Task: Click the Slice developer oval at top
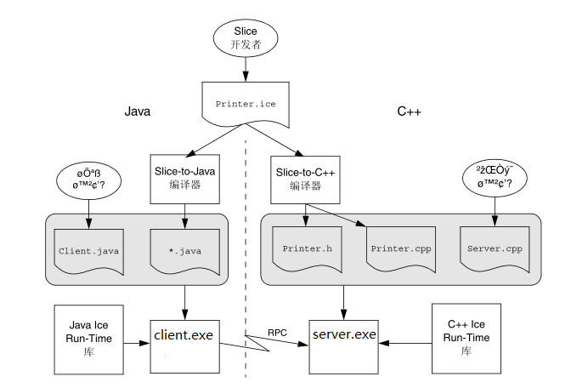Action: click(x=245, y=38)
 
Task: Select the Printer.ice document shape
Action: click(x=245, y=103)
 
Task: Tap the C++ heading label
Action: click(x=410, y=111)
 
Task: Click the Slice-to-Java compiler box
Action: click(x=184, y=179)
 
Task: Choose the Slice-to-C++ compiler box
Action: click(x=305, y=179)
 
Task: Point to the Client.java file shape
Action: click(x=88, y=251)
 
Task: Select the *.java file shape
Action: click(x=184, y=251)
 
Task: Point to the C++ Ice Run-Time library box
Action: click(x=466, y=338)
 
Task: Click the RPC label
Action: click(x=276, y=332)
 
